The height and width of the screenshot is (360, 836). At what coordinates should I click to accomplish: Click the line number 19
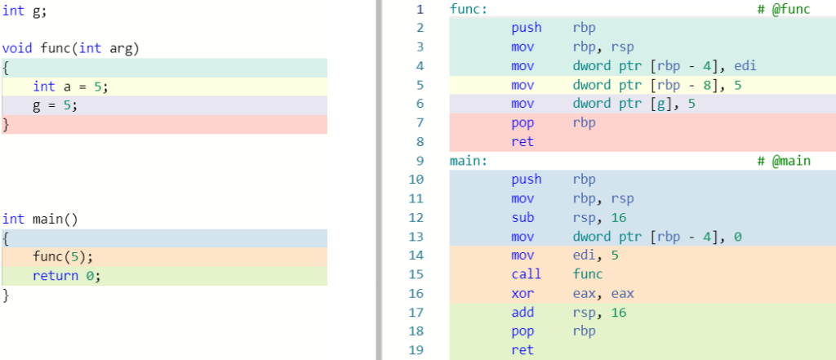pyautogui.click(x=420, y=350)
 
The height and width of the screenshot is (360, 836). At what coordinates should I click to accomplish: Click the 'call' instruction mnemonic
pyautogui.click(x=526, y=274)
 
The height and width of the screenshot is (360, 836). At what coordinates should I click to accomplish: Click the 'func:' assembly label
pyautogui.click(x=468, y=9)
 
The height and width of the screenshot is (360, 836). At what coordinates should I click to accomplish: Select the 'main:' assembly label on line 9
pyautogui.click(x=468, y=161)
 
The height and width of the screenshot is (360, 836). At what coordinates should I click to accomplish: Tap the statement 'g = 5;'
pyautogui.click(x=56, y=105)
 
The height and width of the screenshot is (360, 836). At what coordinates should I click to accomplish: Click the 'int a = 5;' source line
pyautogui.click(x=70, y=87)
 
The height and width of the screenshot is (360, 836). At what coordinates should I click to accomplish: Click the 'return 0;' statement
pyautogui.click(x=66, y=276)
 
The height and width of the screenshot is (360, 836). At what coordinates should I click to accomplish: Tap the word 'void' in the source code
pyautogui.click(x=17, y=48)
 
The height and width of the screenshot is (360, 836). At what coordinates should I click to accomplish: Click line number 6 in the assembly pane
pyautogui.click(x=420, y=104)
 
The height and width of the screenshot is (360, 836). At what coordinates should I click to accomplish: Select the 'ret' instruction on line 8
pyautogui.click(x=522, y=142)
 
